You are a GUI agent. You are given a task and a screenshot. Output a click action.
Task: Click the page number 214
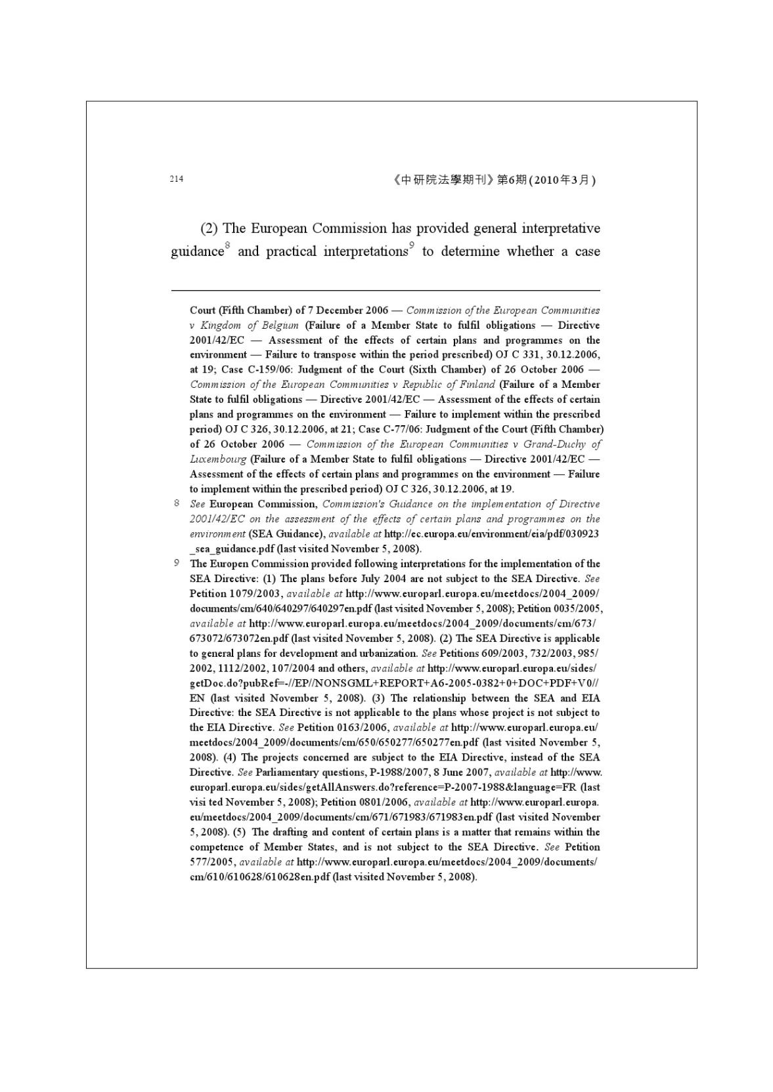[x=176, y=179]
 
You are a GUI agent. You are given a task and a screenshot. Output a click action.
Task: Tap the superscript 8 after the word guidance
[x=227, y=246]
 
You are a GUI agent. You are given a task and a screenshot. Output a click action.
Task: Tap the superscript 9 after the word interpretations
[x=411, y=246]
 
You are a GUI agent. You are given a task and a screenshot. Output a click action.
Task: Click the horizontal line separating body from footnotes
[x=385, y=290]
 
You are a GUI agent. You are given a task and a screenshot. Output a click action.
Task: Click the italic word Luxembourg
[x=218, y=459]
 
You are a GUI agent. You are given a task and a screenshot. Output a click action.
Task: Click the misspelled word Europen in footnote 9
[x=225, y=564]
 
